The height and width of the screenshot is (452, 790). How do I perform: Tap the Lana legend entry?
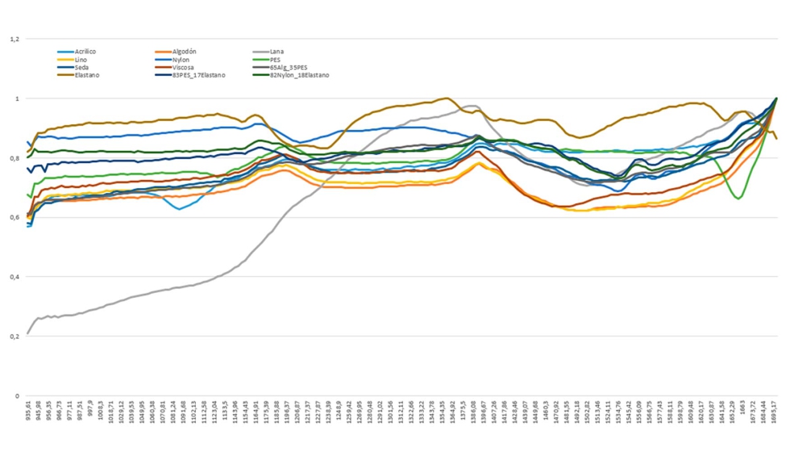[x=276, y=52]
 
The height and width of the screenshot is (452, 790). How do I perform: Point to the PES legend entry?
[x=276, y=60]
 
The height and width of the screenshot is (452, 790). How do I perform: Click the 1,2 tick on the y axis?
[x=15, y=39]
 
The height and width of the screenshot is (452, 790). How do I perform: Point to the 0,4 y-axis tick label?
[x=15, y=277]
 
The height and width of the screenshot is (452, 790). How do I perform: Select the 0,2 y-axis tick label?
[x=15, y=337]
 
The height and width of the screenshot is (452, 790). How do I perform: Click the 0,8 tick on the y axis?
[x=15, y=158]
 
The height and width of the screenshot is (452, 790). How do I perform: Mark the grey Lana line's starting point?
[x=28, y=333]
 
